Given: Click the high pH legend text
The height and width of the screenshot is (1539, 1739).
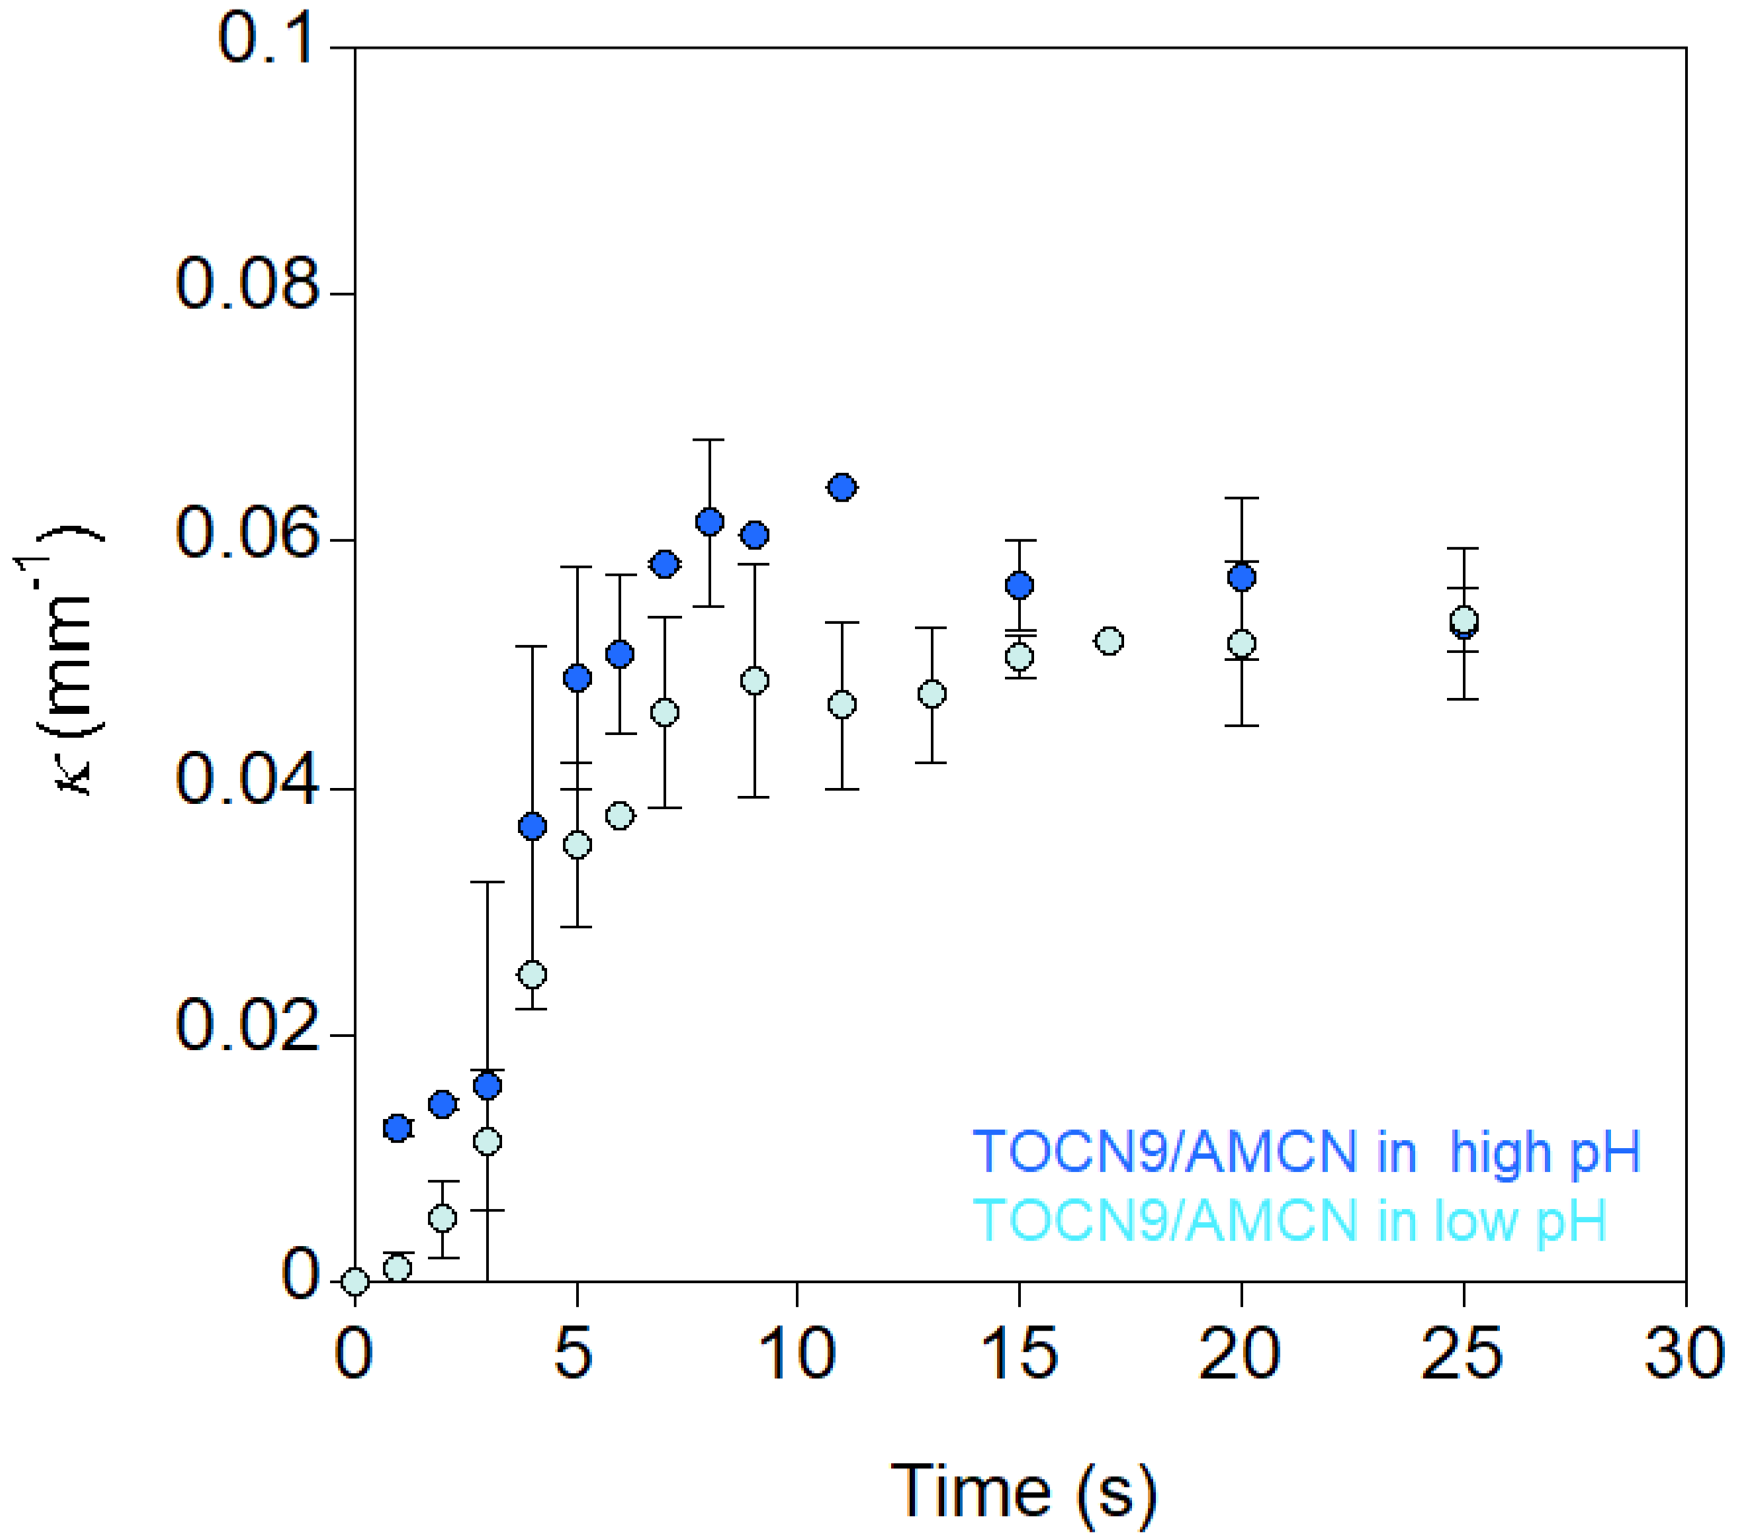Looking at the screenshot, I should (1306, 1152).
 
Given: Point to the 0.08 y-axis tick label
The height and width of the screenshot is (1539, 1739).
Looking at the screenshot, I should (246, 285).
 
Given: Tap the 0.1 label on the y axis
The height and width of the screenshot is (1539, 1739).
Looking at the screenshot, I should (266, 40).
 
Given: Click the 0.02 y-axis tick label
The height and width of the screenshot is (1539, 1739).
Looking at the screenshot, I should (246, 1025).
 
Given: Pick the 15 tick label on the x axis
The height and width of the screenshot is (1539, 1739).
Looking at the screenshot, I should (1019, 1354).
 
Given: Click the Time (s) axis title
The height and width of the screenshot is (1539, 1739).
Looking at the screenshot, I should (1023, 1491).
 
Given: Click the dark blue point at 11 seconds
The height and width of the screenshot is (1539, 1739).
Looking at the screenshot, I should (843, 487).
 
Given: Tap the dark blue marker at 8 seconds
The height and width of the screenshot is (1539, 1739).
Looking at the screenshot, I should (710, 522).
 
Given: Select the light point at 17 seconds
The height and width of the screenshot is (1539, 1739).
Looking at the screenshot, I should (1109, 641).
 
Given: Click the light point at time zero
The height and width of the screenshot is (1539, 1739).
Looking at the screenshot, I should (355, 1281).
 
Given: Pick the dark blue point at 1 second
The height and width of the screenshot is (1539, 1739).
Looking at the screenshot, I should (398, 1128).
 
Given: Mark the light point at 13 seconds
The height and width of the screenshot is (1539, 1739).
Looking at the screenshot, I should (932, 694).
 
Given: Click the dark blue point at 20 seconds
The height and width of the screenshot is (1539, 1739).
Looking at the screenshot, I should (1241, 577).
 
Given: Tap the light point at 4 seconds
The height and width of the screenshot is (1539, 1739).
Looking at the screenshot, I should (532, 974).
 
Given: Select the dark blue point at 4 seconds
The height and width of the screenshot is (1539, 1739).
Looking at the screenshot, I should (532, 826).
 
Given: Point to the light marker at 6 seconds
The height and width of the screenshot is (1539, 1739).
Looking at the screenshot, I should (620, 815).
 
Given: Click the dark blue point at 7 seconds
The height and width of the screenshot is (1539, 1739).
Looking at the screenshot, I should (665, 564).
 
